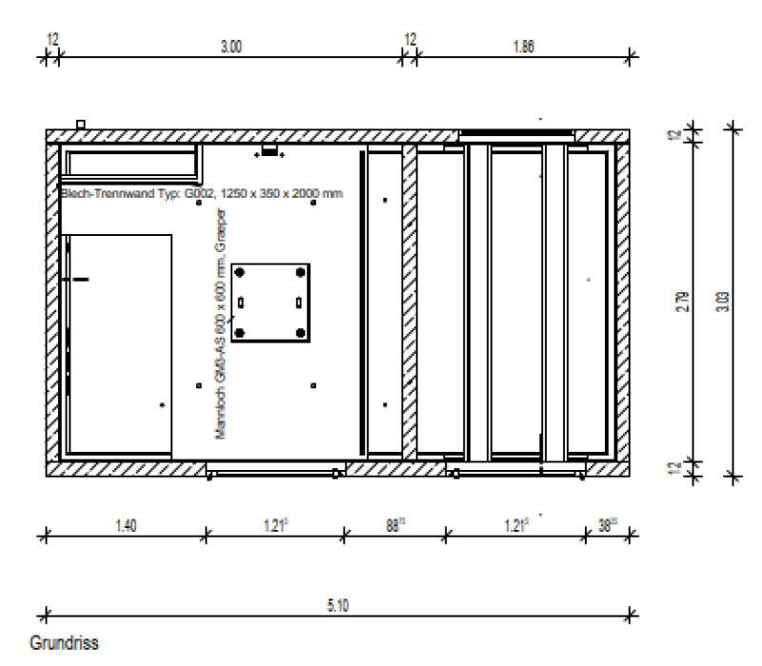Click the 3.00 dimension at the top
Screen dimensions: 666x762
(231, 46)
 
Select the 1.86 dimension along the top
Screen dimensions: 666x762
(523, 46)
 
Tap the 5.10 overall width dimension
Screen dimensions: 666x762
(336, 605)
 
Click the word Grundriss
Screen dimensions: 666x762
(64, 643)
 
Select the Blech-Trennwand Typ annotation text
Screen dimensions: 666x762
(201, 194)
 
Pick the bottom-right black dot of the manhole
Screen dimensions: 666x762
(301, 333)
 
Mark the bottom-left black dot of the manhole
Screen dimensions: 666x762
(241, 333)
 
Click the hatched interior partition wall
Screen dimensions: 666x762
(410, 303)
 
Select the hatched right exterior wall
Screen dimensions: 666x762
(622, 303)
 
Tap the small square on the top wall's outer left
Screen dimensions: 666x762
(81, 124)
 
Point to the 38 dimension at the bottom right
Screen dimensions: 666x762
(607, 523)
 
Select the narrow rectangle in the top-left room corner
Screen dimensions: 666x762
(130, 163)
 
